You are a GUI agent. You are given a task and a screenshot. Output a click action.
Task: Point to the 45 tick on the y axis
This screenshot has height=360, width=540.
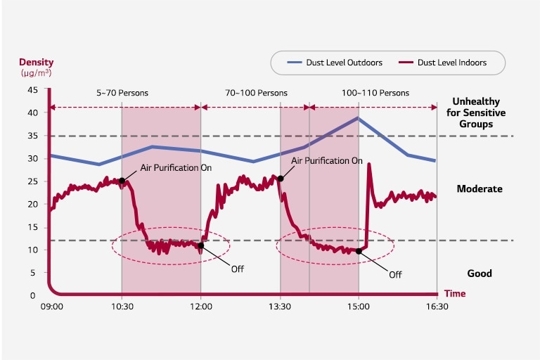coord(32,90)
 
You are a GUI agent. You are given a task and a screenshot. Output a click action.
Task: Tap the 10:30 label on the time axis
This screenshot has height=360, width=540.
coord(122,307)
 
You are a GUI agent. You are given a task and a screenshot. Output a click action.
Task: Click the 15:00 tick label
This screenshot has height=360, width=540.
coord(359,307)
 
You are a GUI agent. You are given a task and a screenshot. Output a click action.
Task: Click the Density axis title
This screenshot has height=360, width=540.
coord(36,62)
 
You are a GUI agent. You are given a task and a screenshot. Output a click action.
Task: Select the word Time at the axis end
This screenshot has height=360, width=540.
coord(455,294)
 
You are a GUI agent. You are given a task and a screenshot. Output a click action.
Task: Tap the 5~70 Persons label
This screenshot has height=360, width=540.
coord(122,93)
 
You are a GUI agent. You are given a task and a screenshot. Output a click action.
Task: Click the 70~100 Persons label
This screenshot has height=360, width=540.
coord(256,93)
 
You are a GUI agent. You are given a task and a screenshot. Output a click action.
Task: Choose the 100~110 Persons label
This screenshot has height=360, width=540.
coord(375,93)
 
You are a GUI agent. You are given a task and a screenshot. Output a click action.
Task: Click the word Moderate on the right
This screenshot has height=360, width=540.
coord(480,189)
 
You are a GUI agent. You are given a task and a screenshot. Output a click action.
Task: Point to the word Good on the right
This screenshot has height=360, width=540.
coord(480,274)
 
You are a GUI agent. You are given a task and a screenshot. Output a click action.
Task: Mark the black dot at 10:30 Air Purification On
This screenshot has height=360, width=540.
coord(122,181)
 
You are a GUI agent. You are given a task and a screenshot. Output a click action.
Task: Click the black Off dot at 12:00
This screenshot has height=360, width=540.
coord(201,246)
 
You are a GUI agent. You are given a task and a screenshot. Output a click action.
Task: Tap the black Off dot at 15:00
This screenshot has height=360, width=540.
coord(359,251)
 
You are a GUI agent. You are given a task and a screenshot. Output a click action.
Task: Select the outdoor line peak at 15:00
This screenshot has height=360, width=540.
coord(359,118)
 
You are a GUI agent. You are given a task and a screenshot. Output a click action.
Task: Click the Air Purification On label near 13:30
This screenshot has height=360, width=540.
coord(327,160)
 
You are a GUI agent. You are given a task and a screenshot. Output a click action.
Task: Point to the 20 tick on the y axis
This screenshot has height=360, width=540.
coord(32,205)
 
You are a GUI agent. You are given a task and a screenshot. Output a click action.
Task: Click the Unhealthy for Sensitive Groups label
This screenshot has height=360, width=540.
coord(480,112)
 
